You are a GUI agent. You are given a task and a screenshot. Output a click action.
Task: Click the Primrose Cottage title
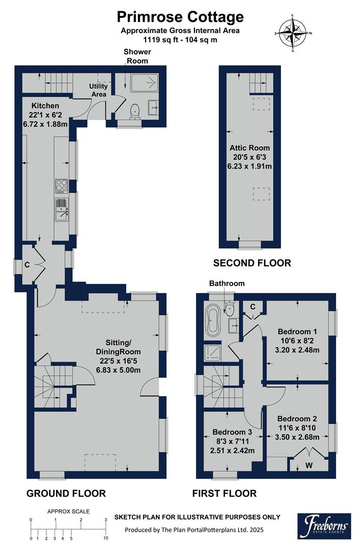point(180,16)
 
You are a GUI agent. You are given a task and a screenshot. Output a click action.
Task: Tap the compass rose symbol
point(293,33)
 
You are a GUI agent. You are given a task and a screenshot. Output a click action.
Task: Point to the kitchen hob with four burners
point(61,186)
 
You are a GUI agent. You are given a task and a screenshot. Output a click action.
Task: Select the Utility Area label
point(99,90)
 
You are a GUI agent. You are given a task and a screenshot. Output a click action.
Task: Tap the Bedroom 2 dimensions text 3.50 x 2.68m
point(297,437)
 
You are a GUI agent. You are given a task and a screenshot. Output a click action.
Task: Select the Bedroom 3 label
point(233,434)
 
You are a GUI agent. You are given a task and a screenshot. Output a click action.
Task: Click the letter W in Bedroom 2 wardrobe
point(309,464)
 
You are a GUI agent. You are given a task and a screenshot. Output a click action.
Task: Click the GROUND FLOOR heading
point(66,493)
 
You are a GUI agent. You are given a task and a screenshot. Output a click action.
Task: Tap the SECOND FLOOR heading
point(252,263)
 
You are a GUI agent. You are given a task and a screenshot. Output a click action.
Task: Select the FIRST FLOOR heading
point(224,493)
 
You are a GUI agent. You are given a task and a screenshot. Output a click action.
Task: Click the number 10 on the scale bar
point(105,538)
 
